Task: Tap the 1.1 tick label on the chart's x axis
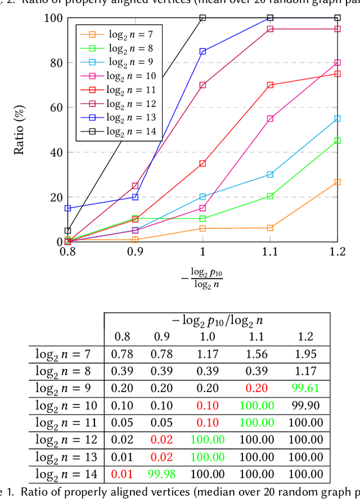(x=270, y=253)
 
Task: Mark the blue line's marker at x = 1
(x=202, y=51)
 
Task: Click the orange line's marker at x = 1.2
(x=337, y=182)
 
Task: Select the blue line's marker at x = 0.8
(x=68, y=208)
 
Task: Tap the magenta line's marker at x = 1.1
(x=270, y=119)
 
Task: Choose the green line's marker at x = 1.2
(x=337, y=141)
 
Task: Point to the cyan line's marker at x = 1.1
(x=270, y=174)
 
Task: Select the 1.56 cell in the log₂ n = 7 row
(x=256, y=354)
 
